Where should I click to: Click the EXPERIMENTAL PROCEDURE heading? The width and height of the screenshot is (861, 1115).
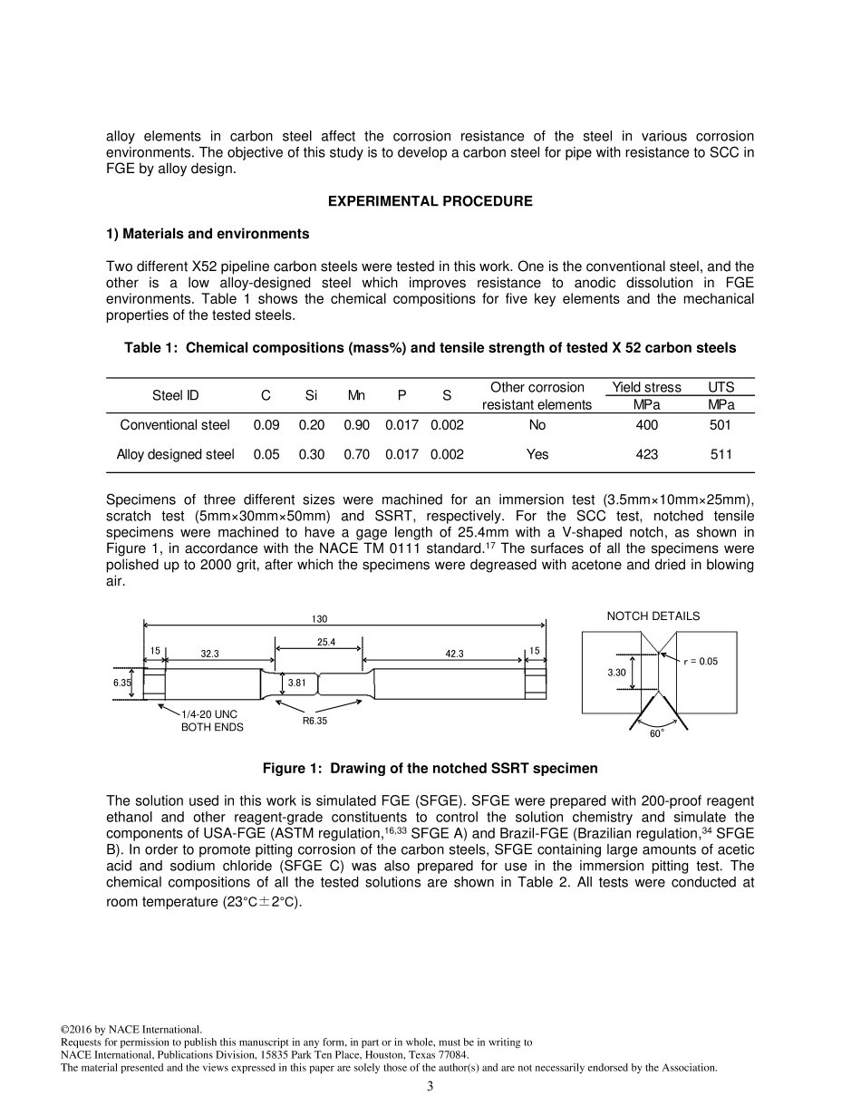click(x=430, y=201)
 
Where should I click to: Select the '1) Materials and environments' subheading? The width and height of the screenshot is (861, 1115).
click(x=208, y=234)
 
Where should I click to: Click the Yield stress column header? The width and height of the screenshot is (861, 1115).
click(x=646, y=387)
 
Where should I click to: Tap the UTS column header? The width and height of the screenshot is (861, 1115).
click(x=721, y=387)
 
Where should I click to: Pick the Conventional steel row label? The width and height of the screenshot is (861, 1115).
click(x=175, y=425)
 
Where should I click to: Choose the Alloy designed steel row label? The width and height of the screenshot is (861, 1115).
click(x=175, y=454)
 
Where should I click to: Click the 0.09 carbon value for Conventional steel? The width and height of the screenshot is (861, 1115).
click(x=266, y=425)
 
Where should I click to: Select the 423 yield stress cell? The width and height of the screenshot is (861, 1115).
click(x=646, y=454)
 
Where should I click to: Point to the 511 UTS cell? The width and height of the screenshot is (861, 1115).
click(x=721, y=454)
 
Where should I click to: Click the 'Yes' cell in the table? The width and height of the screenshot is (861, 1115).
click(x=537, y=454)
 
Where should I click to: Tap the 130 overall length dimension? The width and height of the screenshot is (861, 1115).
click(x=320, y=619)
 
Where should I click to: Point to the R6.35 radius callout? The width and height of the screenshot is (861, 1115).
click(x=314, y=722)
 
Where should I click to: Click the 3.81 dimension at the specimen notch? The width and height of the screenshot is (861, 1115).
click(x=295, y=683)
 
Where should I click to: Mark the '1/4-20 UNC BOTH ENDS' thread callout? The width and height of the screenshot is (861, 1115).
click(x=211, y=721)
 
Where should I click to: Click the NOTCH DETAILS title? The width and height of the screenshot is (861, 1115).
click(x=653, y=616)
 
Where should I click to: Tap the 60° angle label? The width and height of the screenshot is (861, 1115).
click(x=656, y=732)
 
